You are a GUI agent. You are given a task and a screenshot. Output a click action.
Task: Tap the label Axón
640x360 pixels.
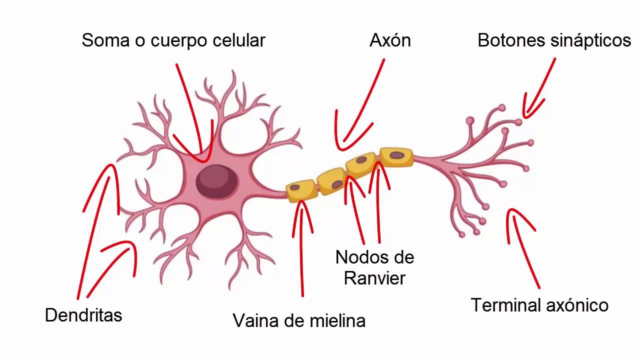tap(390, 40)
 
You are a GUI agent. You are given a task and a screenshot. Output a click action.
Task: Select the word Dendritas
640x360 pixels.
tap(83, 315)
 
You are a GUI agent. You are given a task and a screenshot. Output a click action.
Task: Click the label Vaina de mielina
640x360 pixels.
tap(299, 320)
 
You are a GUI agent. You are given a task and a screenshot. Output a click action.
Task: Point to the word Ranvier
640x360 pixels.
tap(374, 278)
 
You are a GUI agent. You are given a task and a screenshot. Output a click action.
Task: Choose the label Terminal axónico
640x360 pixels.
tap(539, 305)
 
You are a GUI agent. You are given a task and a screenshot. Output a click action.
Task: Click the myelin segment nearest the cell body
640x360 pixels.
tap(301, 190)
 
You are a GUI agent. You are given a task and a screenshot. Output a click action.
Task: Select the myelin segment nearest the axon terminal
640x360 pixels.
tap(396, 156)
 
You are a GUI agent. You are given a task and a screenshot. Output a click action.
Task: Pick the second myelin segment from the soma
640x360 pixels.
tap(331, 181)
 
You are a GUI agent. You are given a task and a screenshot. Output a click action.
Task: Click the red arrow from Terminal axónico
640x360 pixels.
tap(522, 245)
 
